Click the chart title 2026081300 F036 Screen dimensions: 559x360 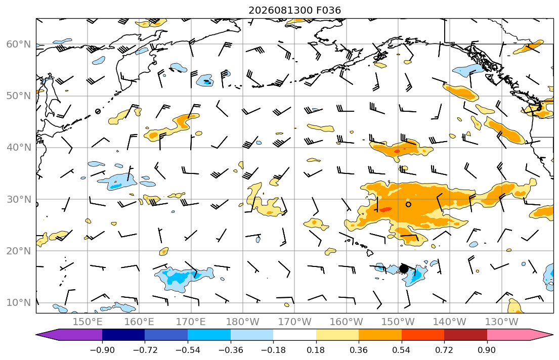294,10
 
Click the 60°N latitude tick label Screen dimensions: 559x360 19,44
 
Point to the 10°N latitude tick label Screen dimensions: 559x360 19,303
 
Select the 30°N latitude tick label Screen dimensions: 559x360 19,199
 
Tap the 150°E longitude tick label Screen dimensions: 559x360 88,322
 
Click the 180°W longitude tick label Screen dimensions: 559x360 243,322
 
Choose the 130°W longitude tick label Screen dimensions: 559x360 502,322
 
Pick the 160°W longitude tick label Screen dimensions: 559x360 347,322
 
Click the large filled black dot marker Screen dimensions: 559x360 404,268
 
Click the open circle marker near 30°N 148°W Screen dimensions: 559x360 409,204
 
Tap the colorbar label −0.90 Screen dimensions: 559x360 102,350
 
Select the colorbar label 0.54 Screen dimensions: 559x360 402,350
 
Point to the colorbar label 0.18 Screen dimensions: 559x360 316,350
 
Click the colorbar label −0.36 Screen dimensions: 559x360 231,350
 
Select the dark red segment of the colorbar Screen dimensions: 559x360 465,335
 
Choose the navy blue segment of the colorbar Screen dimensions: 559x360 123,335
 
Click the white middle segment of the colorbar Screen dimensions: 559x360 294,335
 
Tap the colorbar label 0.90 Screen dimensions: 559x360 487,350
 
